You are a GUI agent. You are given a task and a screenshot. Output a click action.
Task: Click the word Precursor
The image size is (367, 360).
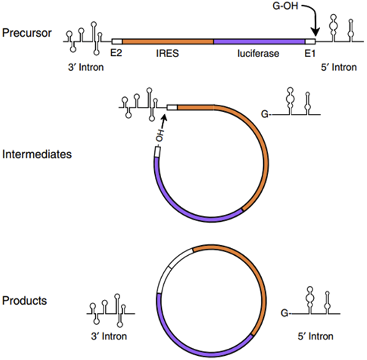point(27,33)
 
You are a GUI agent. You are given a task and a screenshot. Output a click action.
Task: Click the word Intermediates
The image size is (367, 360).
point(37,155)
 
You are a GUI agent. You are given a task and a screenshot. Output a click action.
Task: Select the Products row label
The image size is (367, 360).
point(24,300)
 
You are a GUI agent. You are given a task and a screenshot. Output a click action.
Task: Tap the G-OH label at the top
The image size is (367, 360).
point(285,6)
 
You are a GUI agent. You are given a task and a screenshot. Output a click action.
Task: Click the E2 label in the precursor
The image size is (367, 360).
point(116,53)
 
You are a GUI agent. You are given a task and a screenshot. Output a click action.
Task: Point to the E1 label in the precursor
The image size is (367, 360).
point(310,53)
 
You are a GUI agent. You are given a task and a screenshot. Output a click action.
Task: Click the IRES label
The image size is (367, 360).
point(168,53)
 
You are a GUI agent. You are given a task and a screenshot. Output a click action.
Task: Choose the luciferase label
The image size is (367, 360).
point(258,53)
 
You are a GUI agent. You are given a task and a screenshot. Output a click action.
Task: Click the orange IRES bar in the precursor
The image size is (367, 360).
point(168,41)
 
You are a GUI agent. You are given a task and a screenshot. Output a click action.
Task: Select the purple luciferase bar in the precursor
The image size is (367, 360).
point(260,41)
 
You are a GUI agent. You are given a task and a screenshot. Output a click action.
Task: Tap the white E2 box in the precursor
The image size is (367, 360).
point(117,41)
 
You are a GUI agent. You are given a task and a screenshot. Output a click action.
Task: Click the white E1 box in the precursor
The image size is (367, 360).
point(310,41)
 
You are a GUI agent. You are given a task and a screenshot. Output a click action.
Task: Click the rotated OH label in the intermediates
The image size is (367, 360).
point(160,136)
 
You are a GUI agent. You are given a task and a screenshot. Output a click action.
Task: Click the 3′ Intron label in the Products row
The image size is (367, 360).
point(109,336)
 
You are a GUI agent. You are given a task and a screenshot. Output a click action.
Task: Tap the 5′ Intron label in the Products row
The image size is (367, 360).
point(315,336)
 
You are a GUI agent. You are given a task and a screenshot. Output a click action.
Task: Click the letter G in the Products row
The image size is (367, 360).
point(285,313)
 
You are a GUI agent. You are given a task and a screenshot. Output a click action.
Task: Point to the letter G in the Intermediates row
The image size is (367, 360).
point(265,114)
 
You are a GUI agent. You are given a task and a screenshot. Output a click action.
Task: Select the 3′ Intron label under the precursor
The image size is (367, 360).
point(86,67)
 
